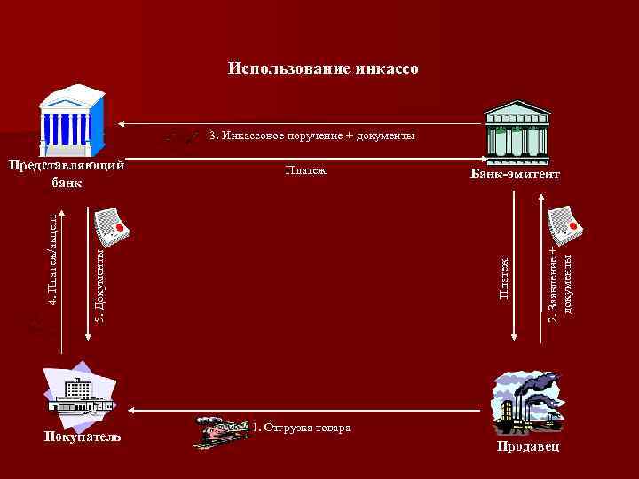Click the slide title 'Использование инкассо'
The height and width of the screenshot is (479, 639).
click(322, 68)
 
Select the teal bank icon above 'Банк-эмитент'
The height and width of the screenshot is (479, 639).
click(517, 130)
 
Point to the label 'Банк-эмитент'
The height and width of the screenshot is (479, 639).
click(515, 176)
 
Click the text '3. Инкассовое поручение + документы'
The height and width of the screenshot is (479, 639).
click(312, 136)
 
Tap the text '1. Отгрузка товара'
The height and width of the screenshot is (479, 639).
click(301, 428)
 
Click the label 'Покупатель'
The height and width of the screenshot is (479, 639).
click(83, 436)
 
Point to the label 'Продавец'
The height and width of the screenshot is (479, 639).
click(529, 446)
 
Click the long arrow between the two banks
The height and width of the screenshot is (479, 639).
click(302, 123)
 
